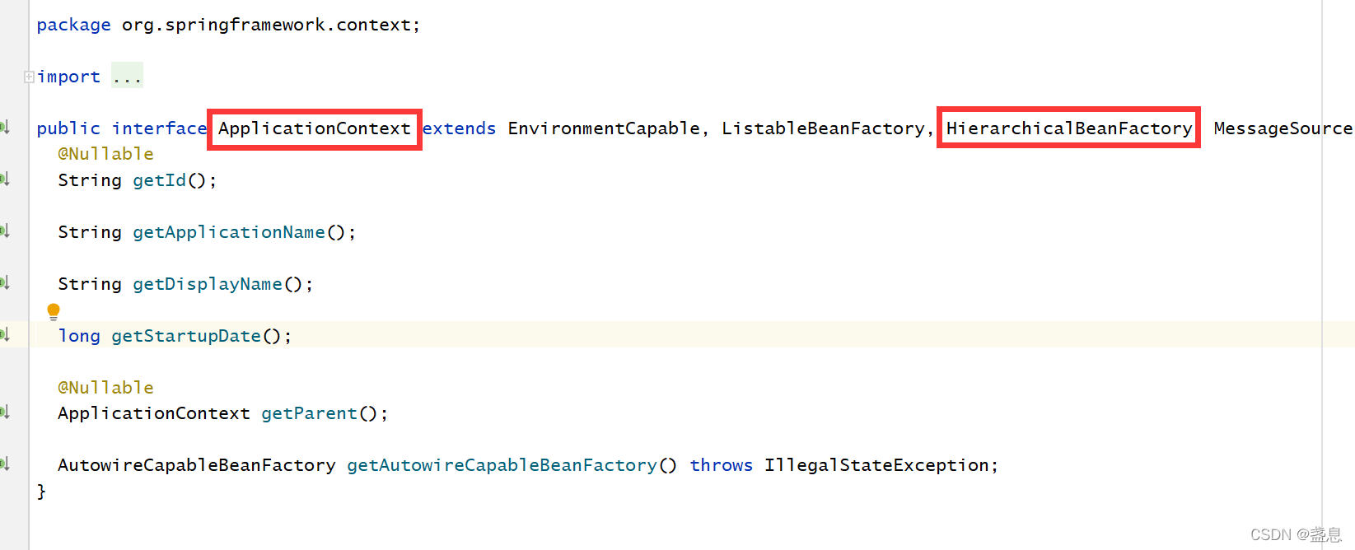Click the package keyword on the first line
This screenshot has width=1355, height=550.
tap(73, 25)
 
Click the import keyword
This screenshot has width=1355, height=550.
tap(69, 77)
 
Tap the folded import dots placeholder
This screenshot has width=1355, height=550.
tap(127, 77)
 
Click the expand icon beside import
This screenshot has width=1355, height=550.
tap(29, 77)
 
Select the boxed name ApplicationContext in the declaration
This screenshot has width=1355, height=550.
tap(314, 128)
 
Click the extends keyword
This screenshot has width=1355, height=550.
tap(459, 128)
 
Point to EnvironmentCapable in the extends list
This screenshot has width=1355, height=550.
tap(604, 128)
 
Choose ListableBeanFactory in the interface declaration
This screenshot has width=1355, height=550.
tap(823, 128)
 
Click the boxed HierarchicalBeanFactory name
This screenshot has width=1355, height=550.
tap(1068, 128)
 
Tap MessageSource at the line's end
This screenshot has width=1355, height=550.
tap(1283, 128)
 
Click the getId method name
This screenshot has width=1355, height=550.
tap(160, 180)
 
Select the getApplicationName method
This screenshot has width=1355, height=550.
tap(229, 232)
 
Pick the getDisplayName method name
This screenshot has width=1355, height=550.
tap(208, 284)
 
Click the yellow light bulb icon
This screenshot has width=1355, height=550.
tap(54, 311)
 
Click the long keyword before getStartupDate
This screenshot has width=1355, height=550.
tap(79, 336)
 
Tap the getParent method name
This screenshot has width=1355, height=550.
tap(309, 413)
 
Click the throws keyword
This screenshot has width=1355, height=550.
tap(721, 465)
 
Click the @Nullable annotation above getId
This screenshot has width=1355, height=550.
tap(105, 154)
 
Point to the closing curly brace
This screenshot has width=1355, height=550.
tap(41, 492)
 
